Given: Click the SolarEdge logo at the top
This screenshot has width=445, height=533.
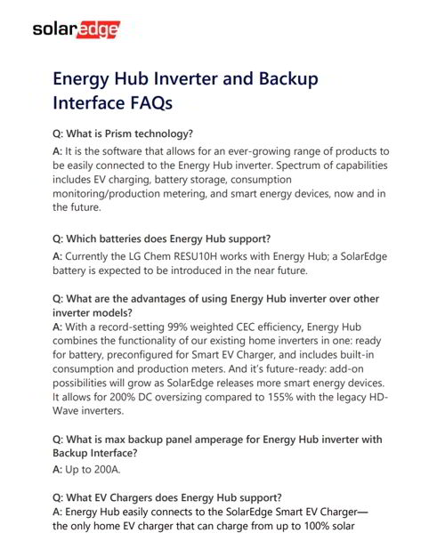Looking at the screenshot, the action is coord(75,30).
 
